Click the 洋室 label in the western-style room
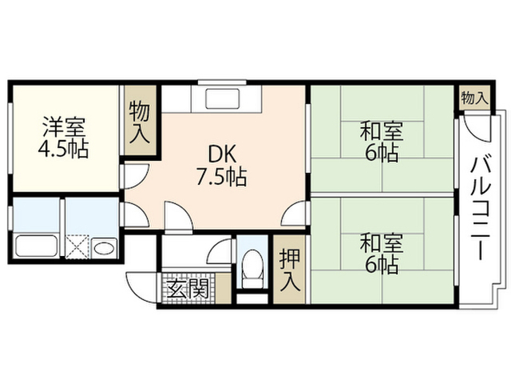coord(64,128)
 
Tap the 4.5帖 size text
coord(64,150)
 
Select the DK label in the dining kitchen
coord(222,154)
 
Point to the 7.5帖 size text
coord(221,177)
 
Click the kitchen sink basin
coord(224,98)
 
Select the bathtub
coord(36,246)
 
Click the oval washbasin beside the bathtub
coord(105,249)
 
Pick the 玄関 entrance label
coord(188,289)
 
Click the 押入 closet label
coord(289,270)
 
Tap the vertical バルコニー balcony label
coord(481,208)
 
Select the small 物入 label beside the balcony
coord(474,98)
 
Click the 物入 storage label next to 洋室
coord(140,122)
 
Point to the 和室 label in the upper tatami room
coord(382,130)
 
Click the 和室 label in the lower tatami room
coord(382,242)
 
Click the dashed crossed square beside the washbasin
coord(77,247)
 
